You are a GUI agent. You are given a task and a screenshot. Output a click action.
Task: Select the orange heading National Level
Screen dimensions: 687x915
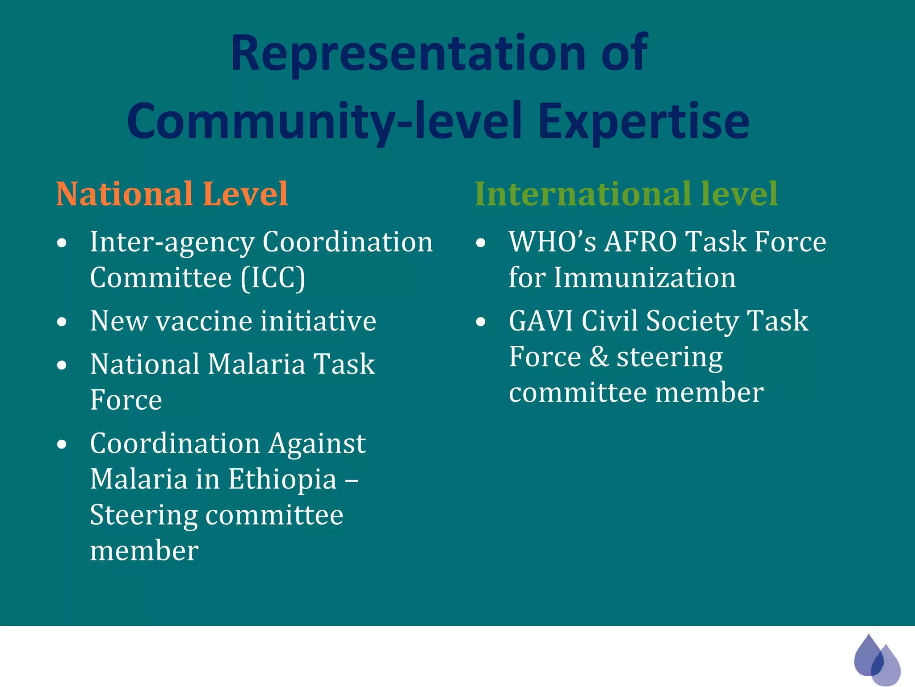[172, 194]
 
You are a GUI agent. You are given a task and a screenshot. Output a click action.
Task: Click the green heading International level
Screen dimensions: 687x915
[626, 194]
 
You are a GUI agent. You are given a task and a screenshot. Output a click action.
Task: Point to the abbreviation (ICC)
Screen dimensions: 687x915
[273, 278]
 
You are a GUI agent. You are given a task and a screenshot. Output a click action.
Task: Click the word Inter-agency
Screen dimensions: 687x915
[172, 242]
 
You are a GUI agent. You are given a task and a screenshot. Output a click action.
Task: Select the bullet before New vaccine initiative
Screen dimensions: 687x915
[62, 322]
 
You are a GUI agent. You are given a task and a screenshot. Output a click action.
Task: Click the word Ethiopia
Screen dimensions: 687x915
[282, 479]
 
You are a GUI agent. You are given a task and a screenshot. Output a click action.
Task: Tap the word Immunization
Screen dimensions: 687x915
[645, 278]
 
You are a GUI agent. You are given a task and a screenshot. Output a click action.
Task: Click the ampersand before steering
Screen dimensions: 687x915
[599, 357]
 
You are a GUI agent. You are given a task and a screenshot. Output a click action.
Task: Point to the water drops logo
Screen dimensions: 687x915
[877, 660]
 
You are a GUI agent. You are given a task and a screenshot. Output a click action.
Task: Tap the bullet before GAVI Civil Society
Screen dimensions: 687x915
[481, 322]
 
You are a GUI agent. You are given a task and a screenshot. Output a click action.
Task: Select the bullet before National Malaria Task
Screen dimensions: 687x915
[62, 365]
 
